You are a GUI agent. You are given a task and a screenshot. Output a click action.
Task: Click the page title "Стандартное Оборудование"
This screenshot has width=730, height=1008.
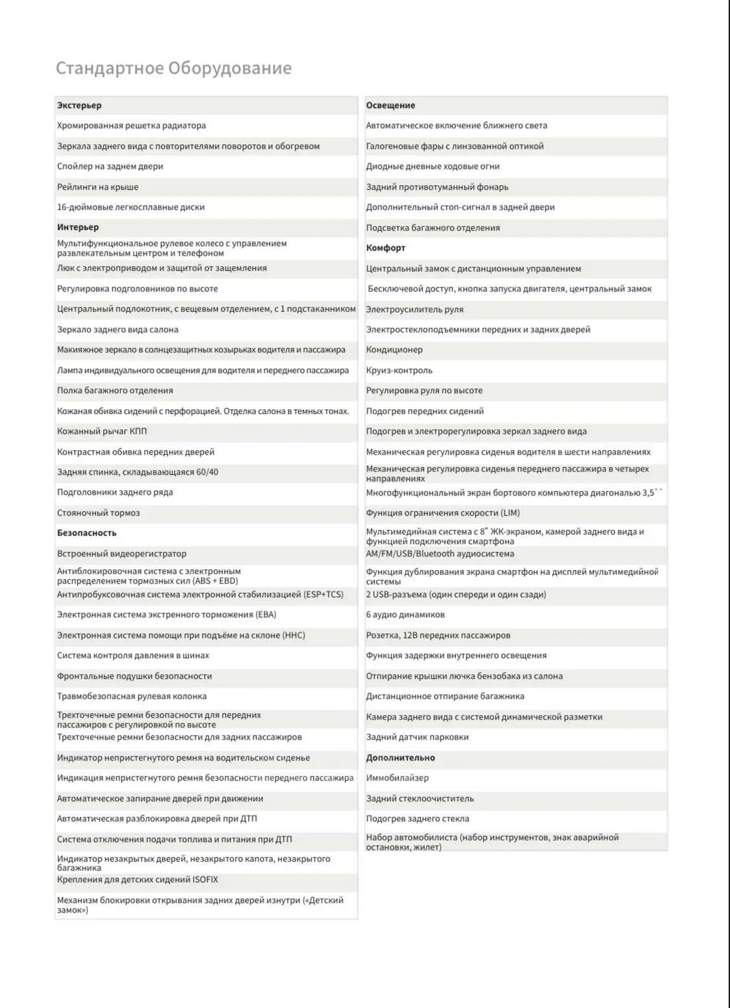click(173, 68)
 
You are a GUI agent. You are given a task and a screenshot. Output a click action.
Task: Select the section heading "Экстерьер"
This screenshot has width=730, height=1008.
click(79, 105)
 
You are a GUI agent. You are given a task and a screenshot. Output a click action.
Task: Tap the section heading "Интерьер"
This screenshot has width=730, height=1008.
click(78, 227)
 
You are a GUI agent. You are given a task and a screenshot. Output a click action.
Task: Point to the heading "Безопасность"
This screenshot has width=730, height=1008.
click(87, 532)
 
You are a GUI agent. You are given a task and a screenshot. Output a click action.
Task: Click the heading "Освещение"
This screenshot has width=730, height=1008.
click(390, 105)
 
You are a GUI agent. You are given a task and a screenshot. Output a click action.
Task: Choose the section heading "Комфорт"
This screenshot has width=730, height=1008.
click(386, 248)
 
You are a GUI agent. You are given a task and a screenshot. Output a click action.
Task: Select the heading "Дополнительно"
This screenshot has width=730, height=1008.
click(400, 757)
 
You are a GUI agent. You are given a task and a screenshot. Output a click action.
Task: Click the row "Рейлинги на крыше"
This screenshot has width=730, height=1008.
click(98, 187)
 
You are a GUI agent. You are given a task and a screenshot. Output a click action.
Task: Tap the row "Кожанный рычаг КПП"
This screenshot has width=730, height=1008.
click(102, 431)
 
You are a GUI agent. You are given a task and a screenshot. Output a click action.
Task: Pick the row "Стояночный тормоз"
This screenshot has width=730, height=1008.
click(98, 512)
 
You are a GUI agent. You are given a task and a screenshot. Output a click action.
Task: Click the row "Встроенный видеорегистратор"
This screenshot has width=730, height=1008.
click(122, 554)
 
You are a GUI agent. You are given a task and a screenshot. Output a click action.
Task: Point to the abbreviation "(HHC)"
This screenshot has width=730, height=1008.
click(294, 635)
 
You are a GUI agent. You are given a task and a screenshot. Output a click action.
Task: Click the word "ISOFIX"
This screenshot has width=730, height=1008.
click(205, 879)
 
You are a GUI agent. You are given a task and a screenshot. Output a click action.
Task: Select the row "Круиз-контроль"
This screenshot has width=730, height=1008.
click(399, 370)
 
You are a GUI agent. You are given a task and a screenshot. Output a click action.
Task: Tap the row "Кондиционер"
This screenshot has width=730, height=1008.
click(394, 350)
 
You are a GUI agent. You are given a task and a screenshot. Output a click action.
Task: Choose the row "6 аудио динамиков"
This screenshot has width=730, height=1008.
click(405, 614)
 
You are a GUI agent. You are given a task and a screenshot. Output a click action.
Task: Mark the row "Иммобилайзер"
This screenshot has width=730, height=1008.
click(397, 778)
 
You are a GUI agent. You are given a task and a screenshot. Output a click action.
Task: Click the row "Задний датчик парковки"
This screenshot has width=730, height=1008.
click(417, 737)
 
